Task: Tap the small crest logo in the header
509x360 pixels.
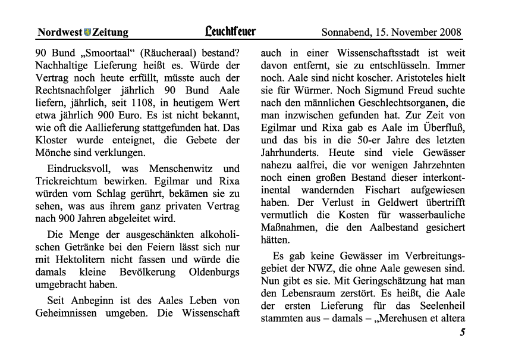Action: (87, 32)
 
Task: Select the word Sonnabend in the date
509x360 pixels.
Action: (346, 32)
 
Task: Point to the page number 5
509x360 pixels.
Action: (462, 334)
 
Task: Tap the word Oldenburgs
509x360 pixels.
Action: (211, 272)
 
